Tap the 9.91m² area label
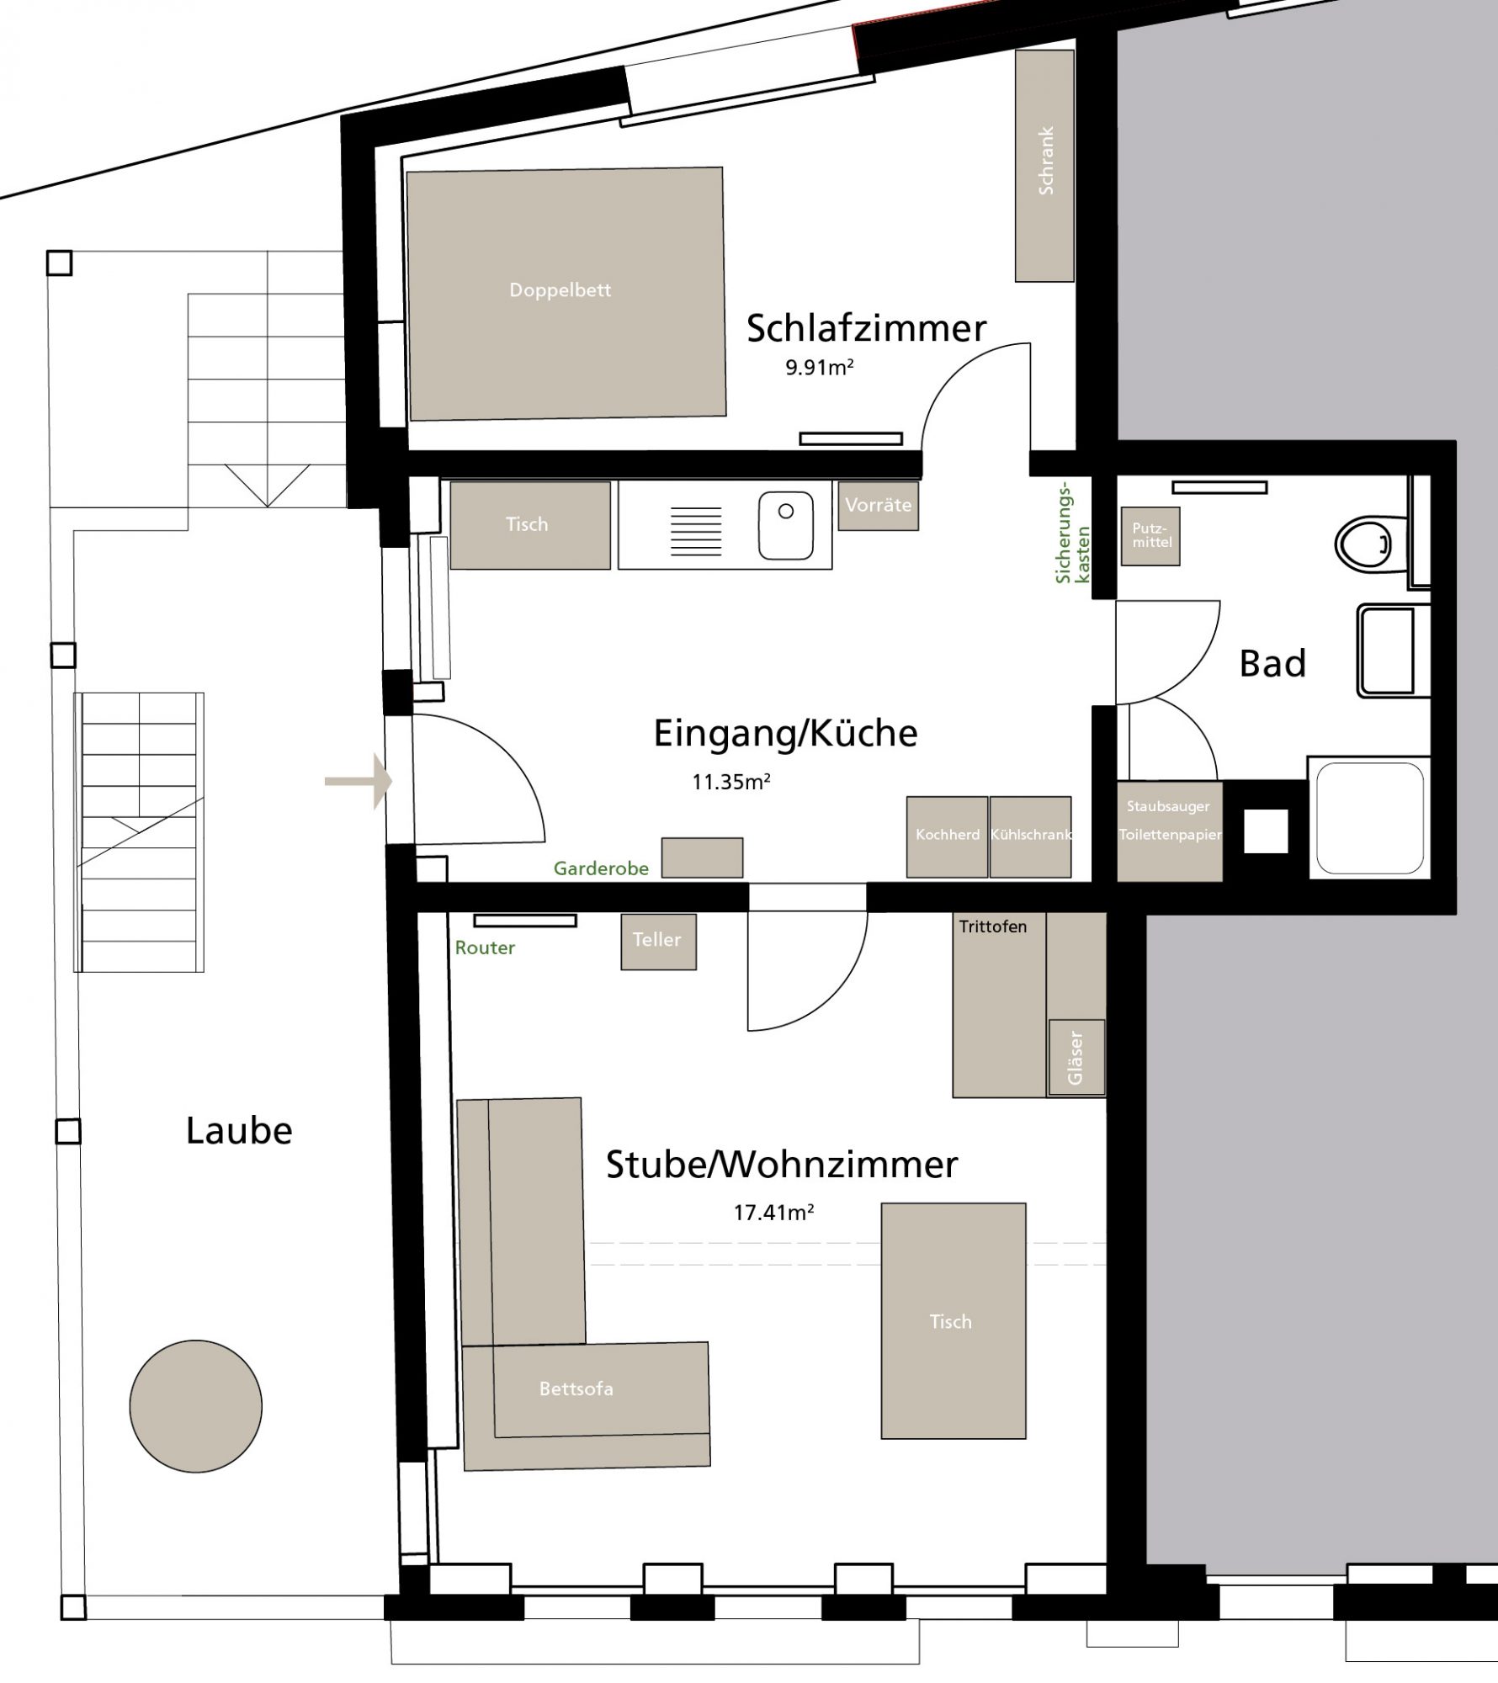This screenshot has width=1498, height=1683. (820, 368)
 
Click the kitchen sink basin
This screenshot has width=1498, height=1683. (785, 526)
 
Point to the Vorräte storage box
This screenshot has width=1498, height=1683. (878, 505)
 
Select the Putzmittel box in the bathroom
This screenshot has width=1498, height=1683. (1150, 536)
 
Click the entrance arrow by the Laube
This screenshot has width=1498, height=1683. (359, 782)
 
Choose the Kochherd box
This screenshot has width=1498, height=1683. (947, 836)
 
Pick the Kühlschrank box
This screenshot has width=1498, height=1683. (1030, 836)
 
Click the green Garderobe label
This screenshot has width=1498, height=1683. (601, 868)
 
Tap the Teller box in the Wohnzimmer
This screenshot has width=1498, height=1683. (657, 941)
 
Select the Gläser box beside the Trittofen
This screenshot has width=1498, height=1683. (1076, 1058)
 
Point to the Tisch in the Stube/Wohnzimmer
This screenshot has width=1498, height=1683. (953, 1321)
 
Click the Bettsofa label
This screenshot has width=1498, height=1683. (576, 1389)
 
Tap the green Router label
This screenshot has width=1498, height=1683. (485, 948)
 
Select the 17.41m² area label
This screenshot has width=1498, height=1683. (773, 1213)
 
